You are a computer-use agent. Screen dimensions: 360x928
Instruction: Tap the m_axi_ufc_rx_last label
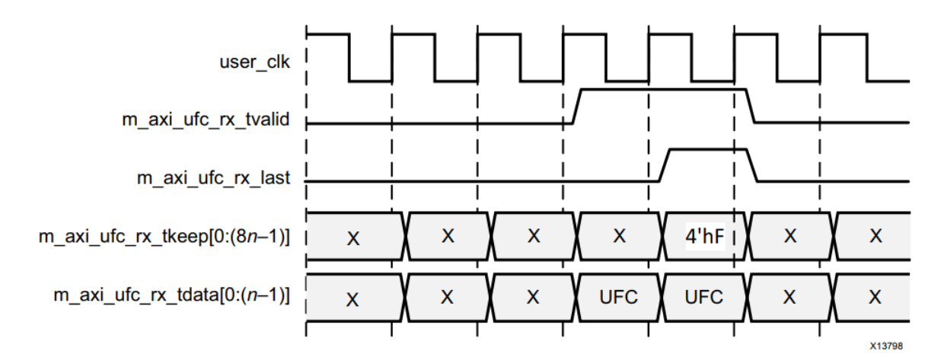pos(213,179)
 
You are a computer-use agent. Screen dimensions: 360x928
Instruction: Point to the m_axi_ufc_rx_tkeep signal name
pos(164,237)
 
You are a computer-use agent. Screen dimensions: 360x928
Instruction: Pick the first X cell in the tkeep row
pos(352,237)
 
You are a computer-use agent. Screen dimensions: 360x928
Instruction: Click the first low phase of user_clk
pos(370,80)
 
